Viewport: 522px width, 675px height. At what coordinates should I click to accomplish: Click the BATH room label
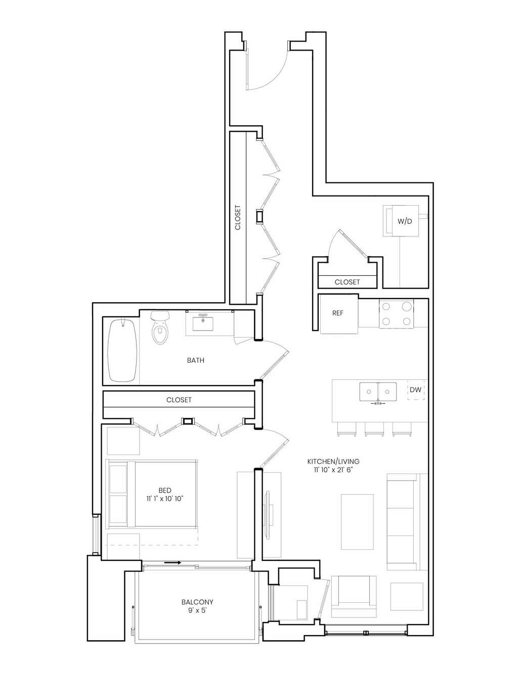pyautogui.click(x=196, y=360)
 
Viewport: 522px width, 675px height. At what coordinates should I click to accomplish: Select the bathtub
pyautogui.click(x=122, y=350)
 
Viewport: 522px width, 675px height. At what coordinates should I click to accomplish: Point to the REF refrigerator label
pyautogui.click(x=338, y=313)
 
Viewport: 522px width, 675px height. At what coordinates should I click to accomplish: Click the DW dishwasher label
pyautogui.click(x=415, y=390)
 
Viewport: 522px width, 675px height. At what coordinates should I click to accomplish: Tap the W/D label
pyautogui.click(x=405, y=221)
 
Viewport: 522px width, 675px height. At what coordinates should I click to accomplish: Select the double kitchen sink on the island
pyautogui.click(x=378, y=392)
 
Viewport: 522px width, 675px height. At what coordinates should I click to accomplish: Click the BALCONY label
pyautogui.click(x=197, y=602)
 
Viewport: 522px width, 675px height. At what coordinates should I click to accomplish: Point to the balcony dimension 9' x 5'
pyautogui.click(x=197, y=610)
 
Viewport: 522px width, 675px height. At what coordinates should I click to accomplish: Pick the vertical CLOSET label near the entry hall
pyautogui.click(x=238, y=217)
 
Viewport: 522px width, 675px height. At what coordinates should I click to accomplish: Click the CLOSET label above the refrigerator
pyautogui.click(x=347, y=282)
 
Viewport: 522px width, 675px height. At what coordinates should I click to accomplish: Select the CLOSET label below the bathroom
pyautogui.click(x=179, y=400)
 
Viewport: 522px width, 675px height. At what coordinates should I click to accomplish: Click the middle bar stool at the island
pyautogui.click(x=374, y=428)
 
